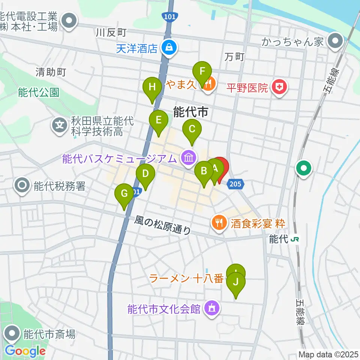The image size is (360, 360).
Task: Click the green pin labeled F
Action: coord(202,71)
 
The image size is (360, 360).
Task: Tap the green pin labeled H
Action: coord(152,87)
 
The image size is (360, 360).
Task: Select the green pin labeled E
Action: coord(158,120)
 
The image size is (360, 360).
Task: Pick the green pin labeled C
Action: coord(192,130)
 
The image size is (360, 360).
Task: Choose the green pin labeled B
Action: coord(204,171)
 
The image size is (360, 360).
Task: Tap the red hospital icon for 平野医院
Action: coord(279,88)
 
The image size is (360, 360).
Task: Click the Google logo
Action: coord(25,351)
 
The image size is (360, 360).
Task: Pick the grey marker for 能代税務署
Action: coord(22,185)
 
